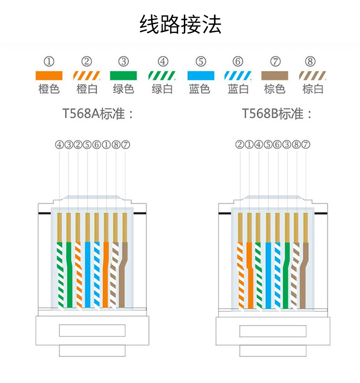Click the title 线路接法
[x=180, y=24]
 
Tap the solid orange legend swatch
[x=49, y=75]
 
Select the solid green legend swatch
[x=123, y=75]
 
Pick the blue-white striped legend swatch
[x=238, y=75]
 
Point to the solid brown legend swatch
[x=275, y=75]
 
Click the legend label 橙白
[x=87, y=89]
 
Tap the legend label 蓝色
[x=200, y=89]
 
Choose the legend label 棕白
[x=313, y=89]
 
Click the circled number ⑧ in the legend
[x=310, y=62]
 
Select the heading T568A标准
[x=98, y=113]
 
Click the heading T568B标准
[x=277, y=113]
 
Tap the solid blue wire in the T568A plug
[x=87, y=274]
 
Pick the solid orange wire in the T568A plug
[x=106, y=274]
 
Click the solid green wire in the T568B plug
[x=287, y=275]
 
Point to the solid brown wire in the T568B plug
[x=304, y=275]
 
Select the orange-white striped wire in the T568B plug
[x=240, y=275]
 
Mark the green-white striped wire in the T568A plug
[x=60, y=274]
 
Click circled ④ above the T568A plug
[x=59, y=145]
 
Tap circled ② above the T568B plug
[x=240, y=145]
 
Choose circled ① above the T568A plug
[x=106, y=145]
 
